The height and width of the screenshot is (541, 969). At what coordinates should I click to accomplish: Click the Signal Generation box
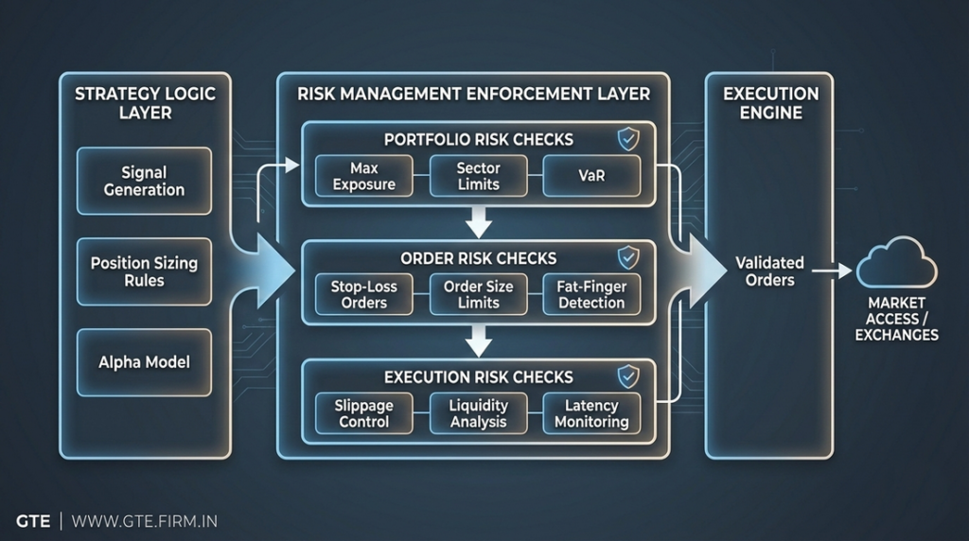[x=144, y=181]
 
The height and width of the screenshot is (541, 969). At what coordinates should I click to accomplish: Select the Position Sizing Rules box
[x=144, y=271]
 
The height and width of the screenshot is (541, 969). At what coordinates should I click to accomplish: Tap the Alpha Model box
[x=144, y=362]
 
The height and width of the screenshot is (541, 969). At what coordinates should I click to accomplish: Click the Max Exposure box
[x=364, y=176]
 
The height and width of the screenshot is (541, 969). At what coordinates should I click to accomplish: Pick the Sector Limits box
[x=478, y=176]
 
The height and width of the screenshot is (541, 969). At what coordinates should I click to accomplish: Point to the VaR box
[x=591, y=176]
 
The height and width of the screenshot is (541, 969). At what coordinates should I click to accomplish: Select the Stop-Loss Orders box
[x=364, y=294]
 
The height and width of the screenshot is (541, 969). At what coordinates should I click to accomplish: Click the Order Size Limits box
[x=478, y=294]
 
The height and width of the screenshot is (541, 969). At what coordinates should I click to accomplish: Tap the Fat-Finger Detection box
[x=591, y=294]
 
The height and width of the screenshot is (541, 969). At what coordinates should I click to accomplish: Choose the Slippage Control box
[x=364, y=413]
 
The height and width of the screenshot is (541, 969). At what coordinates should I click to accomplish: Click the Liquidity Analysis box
[x=478, y=413]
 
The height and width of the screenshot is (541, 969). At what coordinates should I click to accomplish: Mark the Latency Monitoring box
[x=591, y=413]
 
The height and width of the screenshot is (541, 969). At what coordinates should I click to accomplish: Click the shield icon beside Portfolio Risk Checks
[x=627, y=140]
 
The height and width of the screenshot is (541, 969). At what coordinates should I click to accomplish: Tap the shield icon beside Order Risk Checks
[x=627, y=257]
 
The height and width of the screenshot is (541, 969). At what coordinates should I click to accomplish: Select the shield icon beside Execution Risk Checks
[x=627, y=376]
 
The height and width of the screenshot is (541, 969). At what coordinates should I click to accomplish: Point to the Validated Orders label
[x=769, y=271]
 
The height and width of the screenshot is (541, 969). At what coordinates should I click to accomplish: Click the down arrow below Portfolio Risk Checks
[x=480, y=223]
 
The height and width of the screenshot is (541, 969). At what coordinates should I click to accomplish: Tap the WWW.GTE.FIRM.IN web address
[x=144, y=521]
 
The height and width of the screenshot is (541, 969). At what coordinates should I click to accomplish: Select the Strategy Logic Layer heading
[x=145, y=103]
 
